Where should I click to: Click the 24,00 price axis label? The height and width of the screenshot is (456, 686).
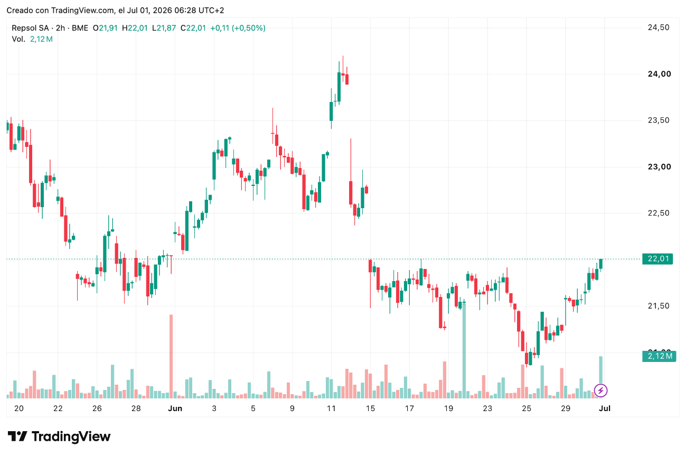point(660,74)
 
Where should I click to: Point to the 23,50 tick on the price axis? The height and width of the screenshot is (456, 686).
point(659,120)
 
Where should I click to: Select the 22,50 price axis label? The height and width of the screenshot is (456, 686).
point(659,213)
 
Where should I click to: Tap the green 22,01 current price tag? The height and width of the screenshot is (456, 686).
point(657,259)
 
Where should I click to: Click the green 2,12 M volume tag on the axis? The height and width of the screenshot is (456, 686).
point(659,356)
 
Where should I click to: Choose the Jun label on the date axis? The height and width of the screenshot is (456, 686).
point(175,408)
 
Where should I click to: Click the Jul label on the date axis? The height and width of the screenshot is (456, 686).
point(605,408)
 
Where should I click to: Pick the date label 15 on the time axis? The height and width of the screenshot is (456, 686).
point(370,408)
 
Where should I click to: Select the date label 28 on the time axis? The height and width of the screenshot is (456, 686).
point(136,408)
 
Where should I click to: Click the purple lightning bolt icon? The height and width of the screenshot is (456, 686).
point(600,390)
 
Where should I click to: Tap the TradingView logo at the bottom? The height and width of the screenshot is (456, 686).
point(59,436)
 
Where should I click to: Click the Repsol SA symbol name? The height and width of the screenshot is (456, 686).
point(30,28)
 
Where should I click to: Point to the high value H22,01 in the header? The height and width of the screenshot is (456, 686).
point(135,28)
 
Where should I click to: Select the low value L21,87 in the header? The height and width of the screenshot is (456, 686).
point(164,28)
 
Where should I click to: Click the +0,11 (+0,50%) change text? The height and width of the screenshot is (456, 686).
point(238,28)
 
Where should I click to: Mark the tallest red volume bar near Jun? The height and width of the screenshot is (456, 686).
point(171,357)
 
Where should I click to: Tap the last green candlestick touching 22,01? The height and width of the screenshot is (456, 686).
point(601,264)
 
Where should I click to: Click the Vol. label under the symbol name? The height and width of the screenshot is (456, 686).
point(18,39)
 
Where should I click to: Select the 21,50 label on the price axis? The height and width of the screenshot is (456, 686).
point(659,306)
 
